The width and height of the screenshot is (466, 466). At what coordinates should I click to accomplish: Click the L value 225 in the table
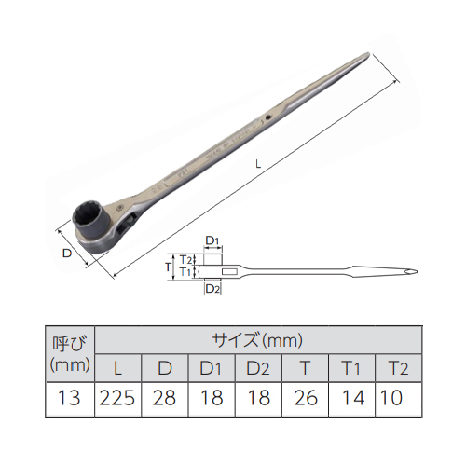(117, 398)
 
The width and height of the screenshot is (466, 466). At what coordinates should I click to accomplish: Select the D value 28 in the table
(164, 398)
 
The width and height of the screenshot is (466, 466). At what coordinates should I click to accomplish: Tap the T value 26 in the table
(306, 398)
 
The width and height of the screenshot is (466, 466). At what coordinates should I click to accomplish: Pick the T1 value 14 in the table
(353, 398)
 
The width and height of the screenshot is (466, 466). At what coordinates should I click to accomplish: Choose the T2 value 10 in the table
(391, 398)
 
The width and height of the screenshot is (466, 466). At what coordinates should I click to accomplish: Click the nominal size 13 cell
(69, 398)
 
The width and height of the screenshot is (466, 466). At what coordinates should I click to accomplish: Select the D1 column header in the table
(211, 368)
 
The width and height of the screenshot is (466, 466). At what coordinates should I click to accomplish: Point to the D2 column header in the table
(258, 368)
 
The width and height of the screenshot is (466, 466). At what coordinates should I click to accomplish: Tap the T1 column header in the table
(351, 368)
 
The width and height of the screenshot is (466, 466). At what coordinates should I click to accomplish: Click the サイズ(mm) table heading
(257, 340)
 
